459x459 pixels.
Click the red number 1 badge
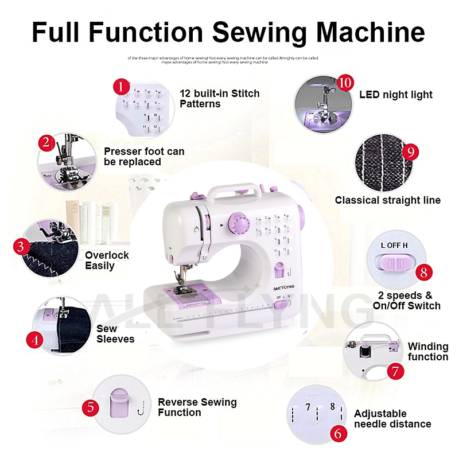click(121, 87)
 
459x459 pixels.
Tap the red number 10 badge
click(344, 82)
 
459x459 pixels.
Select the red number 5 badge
click(91, 408)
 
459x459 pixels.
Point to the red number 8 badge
click(423, 272)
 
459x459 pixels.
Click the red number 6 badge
click(338, 433)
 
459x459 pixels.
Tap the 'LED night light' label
click(395, 95)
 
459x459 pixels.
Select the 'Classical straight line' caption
click(388, 200)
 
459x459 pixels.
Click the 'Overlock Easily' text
click(107, 260)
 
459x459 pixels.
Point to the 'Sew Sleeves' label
click(115, 334)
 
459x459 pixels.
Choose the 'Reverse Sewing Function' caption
click(197, 407)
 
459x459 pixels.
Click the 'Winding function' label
click(427, 352)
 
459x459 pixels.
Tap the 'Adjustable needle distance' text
click(392, 419)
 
